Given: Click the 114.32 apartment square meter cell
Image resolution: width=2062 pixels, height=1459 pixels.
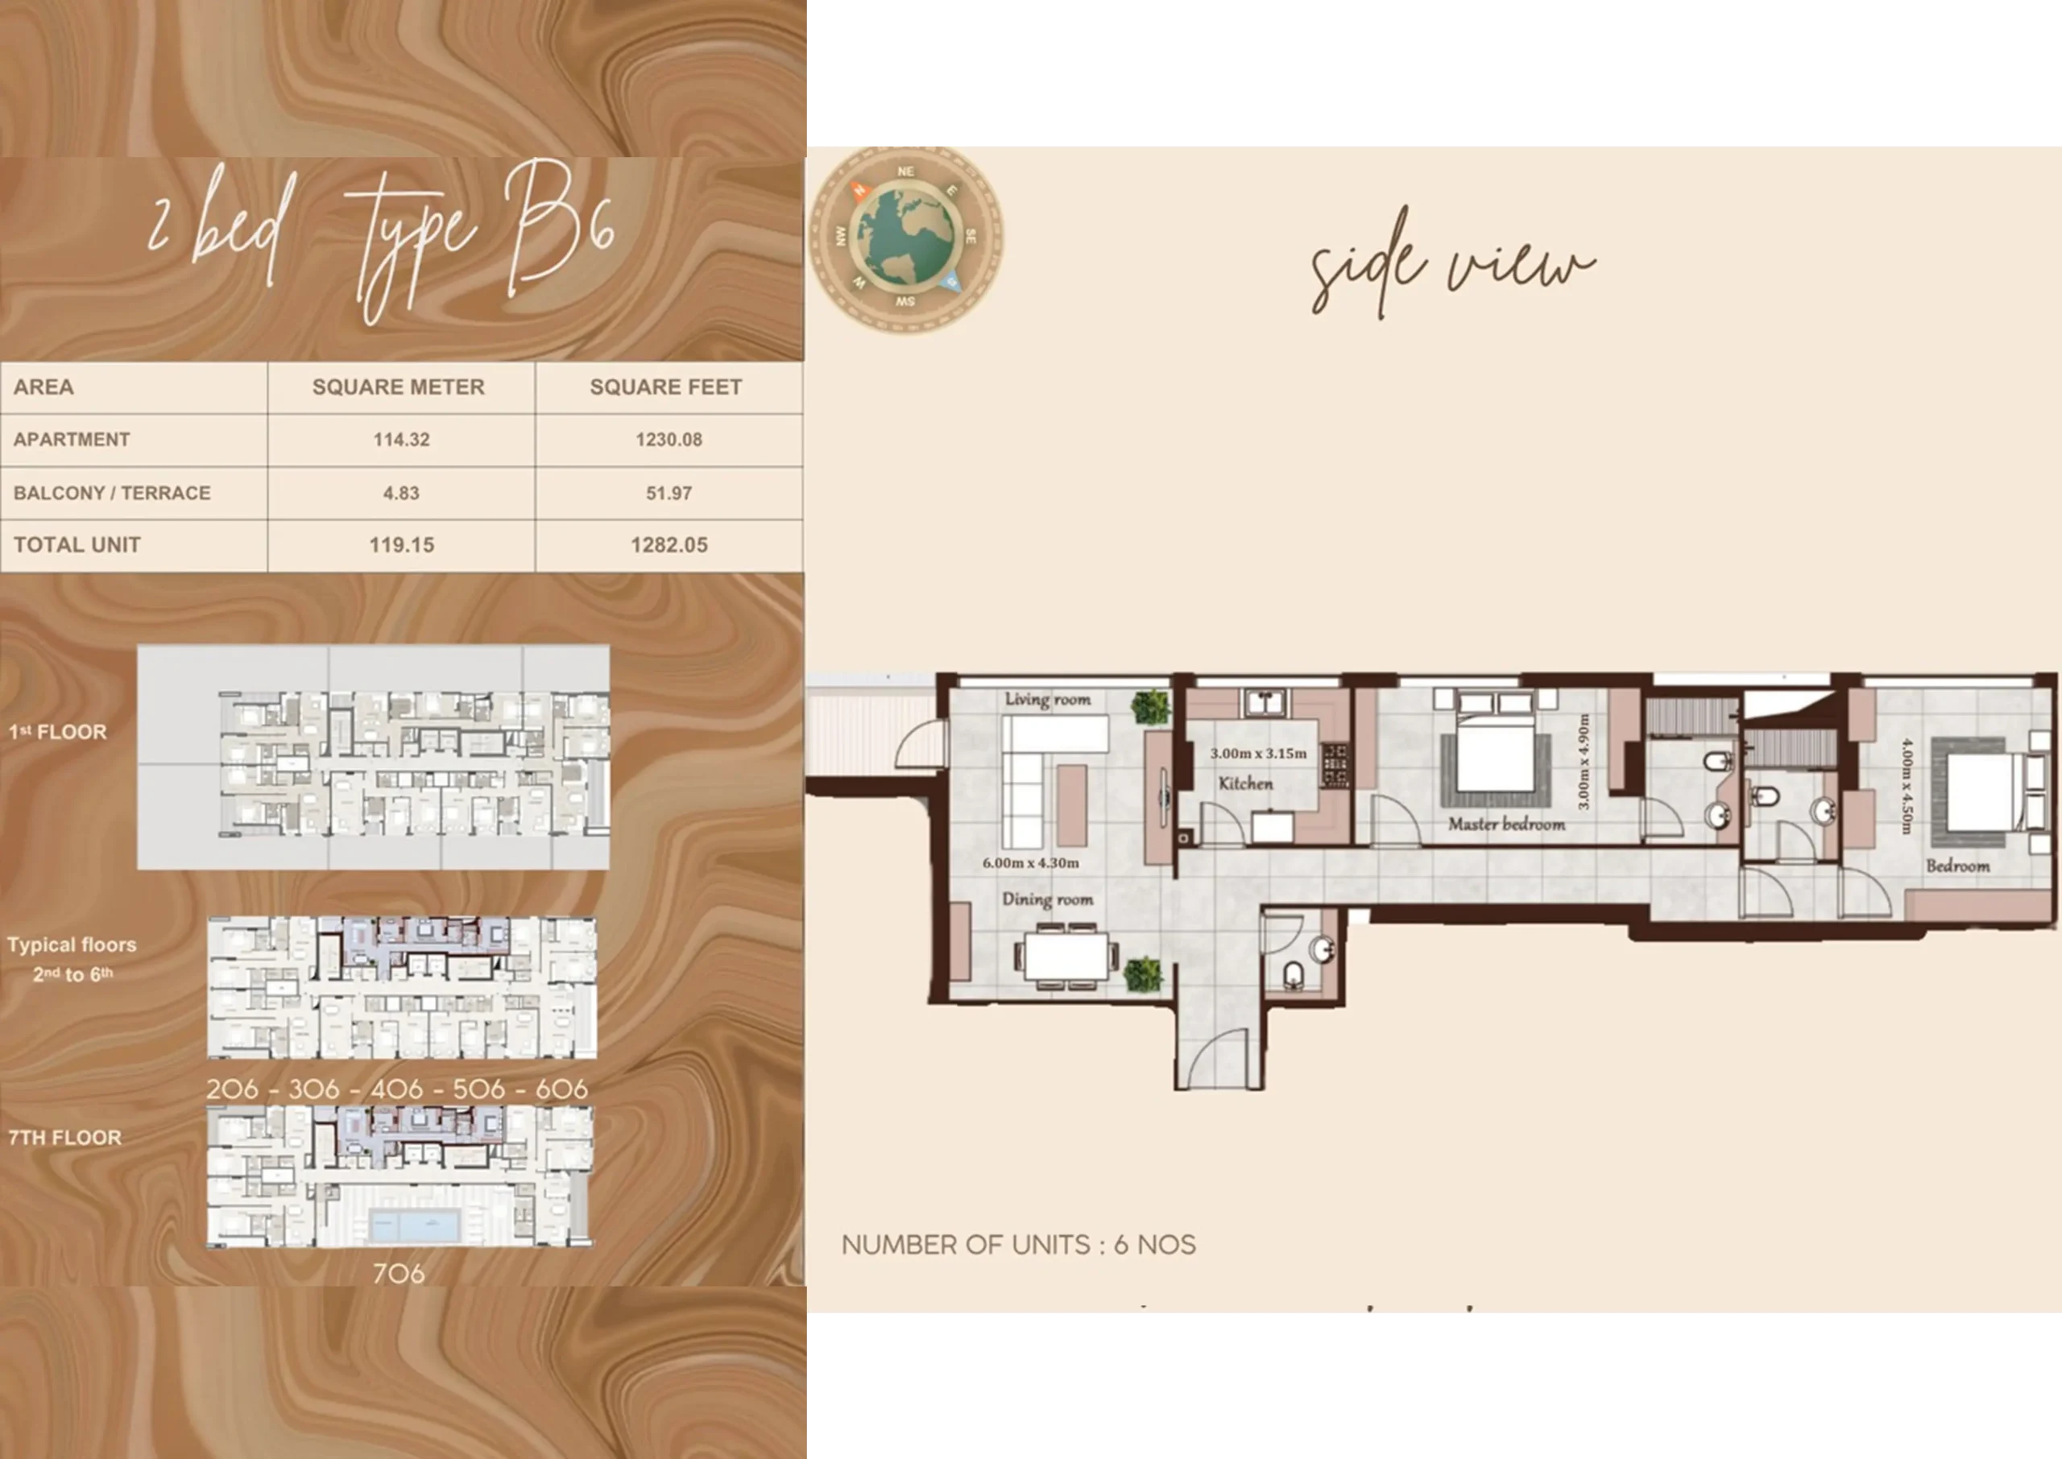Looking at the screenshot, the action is pos(402,440).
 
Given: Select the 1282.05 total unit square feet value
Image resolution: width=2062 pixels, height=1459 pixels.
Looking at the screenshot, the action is pos(669,545).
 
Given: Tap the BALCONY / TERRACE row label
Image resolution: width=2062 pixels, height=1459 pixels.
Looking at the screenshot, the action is pos(112,494).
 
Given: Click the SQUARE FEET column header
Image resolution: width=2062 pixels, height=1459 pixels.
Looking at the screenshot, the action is pos(666,387).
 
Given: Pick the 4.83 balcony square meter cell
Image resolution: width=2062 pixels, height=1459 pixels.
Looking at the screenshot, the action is pos(402,494).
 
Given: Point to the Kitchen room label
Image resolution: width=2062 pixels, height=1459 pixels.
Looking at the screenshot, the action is pos(1245,783).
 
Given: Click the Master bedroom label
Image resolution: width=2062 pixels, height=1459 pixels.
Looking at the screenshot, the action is pos(1507,824).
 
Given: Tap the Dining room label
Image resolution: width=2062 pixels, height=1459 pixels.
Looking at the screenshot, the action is pos(1048,899).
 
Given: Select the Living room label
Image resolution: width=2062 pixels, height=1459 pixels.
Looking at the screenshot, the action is pos(1048,699).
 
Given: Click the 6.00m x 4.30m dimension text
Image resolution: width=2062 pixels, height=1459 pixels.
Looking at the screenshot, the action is pos(1030,863).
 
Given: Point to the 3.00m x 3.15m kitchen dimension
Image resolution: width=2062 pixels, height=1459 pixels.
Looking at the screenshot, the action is pos(1258,754).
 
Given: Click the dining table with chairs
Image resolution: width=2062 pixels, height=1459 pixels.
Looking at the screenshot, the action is pos(1066,957).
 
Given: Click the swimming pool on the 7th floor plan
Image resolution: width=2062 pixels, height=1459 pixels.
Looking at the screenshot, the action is pos(415,1225).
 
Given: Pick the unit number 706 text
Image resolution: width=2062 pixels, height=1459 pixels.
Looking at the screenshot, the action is pos(399,1273).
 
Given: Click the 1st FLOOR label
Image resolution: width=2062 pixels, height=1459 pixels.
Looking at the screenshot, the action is pos(57,732).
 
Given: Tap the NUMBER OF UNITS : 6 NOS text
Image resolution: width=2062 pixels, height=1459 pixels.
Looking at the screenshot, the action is pos(1019,1245).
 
